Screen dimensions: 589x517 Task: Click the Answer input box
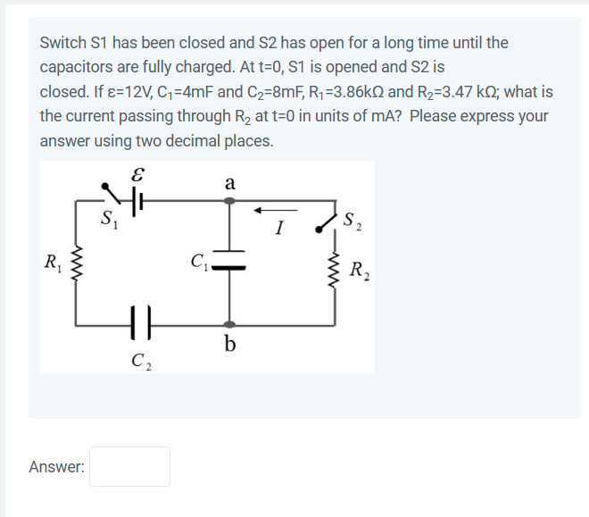tap(129, 466)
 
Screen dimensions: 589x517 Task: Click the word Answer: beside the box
tap(57, 466)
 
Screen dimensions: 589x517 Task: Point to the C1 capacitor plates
tap(229, 264)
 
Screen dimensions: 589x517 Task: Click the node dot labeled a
tap(229, 203)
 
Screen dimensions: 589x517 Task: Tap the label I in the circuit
tap(279, 229)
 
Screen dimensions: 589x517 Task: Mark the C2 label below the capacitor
tap(139, 362)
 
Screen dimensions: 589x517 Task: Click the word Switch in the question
tap(62, 43)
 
